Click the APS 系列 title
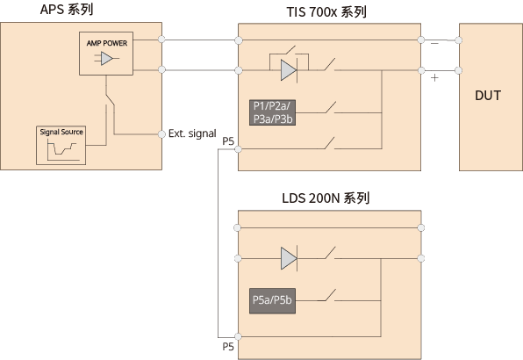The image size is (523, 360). pyautogui.click(x=67, y=10)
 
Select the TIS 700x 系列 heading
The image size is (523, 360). pyautogui.click(x=326, y=12)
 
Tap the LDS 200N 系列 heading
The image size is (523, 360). pyautogui.click(x=326, y=198)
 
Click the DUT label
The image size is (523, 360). pyautogui.click(x=488, y=96)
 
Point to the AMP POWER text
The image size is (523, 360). pyautogui.click(x=107, y=43)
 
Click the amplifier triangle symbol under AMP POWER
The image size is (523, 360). pyautogui.click(x=107, y=59)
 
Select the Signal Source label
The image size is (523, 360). pyautogui.click(x=61, y=132)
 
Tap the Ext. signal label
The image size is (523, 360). pyautogui.click(x=192, y=133)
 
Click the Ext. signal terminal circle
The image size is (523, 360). pyautogui.click(x=161, y=134)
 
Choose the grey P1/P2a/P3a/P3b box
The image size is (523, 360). pyautogui.click(x=273, y=112)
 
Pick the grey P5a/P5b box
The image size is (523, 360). pyautogui.click(x=273, y=300)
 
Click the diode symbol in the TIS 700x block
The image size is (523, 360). pyautogui.click(x=289, y=70)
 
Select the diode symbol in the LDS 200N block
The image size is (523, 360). pyautogui.click(x=289, y=258)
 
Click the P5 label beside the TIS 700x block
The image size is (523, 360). pyautogui.click(x=228, y=141)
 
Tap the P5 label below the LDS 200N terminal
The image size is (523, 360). pyautogui.click(x=228, y=347)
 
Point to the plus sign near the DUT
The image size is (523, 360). pyautogui.click(x=434, y=78)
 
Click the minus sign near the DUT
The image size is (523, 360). pyautogui.click(x=434, y=44)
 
